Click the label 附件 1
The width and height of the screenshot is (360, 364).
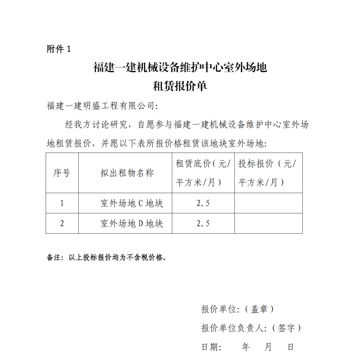[59, 49]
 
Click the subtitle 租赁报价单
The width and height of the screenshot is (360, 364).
[180, 86]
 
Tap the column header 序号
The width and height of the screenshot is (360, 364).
[62, 173]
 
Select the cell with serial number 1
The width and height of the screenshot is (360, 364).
[62, 203]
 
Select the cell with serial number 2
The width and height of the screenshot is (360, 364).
[62, 223]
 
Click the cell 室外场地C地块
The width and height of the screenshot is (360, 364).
[132, 203]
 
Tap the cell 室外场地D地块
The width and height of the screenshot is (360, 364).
[132, 223]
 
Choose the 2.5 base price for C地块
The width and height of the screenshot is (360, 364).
[203, 203]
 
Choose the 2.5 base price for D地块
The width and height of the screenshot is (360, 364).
[203, 223]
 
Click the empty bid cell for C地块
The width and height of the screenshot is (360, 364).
[268, 203]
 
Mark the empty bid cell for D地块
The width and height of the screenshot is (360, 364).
[268, 223]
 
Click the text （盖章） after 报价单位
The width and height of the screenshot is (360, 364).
[259, 309]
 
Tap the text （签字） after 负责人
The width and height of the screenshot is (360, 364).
[286, 328]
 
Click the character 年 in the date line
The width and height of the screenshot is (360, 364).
[246, 347]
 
